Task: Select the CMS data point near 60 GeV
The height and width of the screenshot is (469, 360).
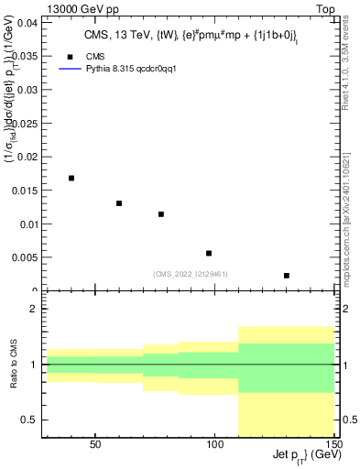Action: point(119,203)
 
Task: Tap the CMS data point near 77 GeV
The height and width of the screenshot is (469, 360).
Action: point(161,214)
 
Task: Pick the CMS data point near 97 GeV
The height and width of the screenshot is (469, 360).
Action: point(209,253)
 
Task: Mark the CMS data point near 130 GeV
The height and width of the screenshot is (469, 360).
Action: point(287,276)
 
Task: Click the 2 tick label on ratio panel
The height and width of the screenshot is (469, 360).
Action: point(33,310)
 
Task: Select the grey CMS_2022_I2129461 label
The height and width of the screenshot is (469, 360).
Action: point(191,273)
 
